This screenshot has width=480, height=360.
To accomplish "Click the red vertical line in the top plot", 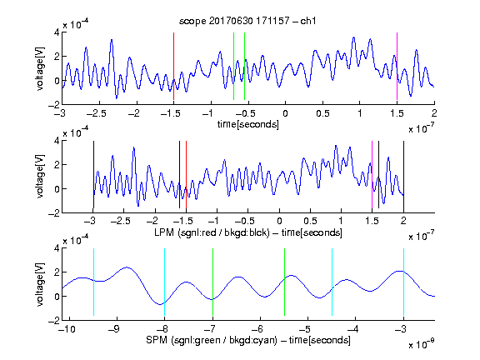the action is (x=173, y=66).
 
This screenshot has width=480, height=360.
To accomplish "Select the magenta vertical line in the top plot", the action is (x=397, y=66).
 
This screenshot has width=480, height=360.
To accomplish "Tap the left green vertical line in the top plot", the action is (x=233, y=66).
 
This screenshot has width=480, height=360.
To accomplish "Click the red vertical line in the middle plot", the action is (x=186, y=174).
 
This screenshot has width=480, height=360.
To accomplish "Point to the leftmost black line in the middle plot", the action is (x=93, y=174).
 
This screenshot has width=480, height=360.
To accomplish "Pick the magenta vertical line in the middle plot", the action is (x=372, y=174).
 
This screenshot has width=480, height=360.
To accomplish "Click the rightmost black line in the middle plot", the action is (x=403, y=174).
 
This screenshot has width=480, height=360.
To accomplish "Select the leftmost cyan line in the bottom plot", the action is (x=93, y=282).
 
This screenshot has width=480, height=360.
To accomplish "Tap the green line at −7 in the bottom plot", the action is (x=212, y=282).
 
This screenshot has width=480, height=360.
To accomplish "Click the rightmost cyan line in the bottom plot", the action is (x=403, y=282).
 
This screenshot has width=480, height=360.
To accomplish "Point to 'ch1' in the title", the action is (x=308, y=21).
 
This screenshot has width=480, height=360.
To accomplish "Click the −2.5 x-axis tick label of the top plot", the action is (x=96, y=113).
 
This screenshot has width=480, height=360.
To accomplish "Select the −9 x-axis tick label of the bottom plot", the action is (x=114, y=329).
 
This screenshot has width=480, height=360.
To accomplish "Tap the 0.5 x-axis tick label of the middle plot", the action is (x=310, y=221).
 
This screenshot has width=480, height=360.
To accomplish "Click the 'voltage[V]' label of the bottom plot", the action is (x=40, y=284).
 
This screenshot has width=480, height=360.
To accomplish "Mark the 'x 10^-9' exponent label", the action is (x=422, y=344).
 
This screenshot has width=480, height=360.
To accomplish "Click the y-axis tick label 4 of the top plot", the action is (x=57, y=32).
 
